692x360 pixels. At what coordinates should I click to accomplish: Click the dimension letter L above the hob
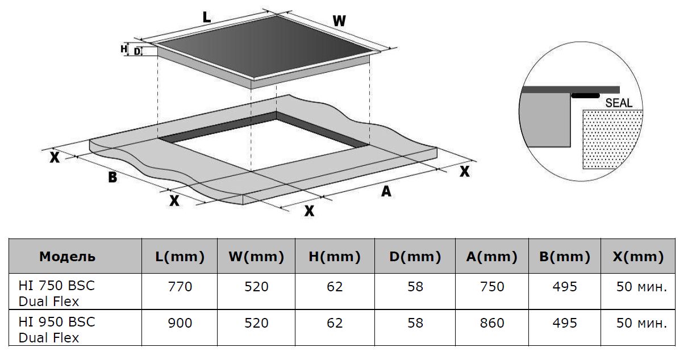207,17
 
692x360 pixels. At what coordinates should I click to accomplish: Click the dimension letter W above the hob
339,22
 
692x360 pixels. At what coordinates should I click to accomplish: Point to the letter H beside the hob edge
124,49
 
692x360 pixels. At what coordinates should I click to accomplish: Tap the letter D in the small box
137,51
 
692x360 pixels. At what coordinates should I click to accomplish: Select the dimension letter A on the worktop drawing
386,192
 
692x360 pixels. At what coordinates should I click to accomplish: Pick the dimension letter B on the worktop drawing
112,177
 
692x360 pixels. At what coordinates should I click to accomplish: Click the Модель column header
67,257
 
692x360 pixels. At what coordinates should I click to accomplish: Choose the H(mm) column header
335,257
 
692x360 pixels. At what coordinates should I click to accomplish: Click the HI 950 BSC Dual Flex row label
57,329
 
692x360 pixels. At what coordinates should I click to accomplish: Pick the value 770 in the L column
180,287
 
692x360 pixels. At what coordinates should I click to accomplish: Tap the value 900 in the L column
180,323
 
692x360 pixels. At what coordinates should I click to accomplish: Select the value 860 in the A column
492,323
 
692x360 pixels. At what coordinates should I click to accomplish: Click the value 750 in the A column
492,287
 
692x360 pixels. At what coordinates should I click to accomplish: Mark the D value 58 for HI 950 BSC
415,323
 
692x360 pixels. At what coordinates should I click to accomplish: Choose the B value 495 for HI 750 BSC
565,287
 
